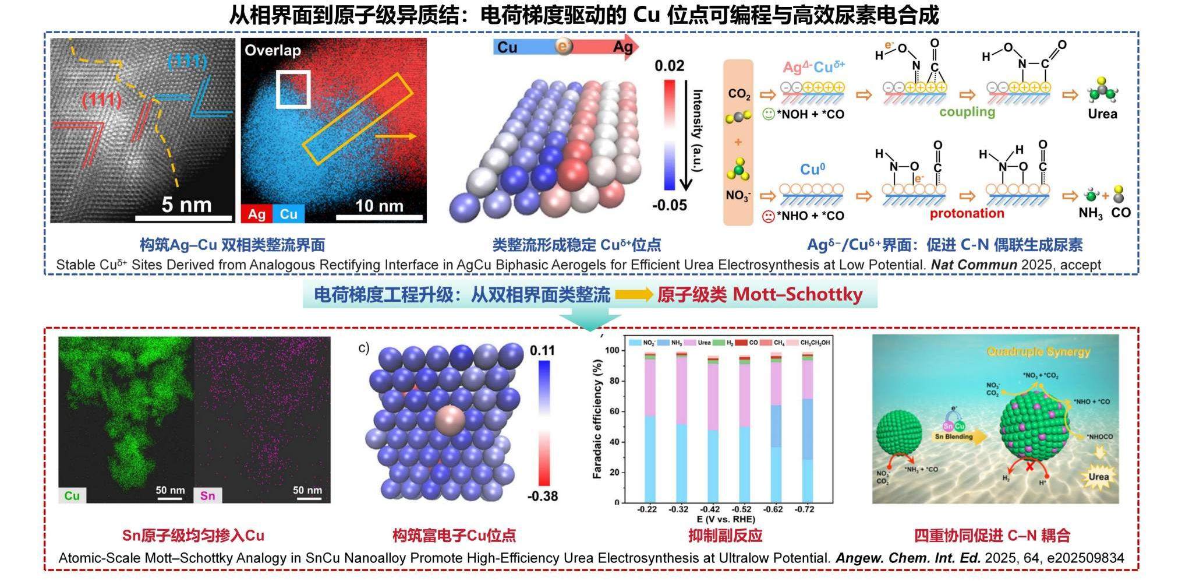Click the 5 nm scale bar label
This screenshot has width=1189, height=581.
pos(186,205)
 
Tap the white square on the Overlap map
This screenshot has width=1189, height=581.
pos(293,89)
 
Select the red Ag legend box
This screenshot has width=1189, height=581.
pos(256,214)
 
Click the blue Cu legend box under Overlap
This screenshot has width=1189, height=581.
pos(288,214)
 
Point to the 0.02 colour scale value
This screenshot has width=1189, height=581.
pos(669,65)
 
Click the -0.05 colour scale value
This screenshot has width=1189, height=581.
pos(669,205)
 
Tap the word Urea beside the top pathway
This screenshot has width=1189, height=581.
pos(1102,114)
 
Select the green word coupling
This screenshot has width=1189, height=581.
pos(967,111)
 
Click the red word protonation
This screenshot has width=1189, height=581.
pos(967,213)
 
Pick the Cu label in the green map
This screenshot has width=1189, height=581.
pos(72,495)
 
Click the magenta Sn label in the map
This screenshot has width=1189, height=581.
pos(208,495)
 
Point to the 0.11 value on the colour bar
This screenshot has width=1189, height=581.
pos(542,350)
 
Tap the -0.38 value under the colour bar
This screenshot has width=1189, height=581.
pos(542,497)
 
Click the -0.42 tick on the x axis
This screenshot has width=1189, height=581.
pos(710,509)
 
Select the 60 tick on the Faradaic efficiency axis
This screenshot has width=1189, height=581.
pos(613,411)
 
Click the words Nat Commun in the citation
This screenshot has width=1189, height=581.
pos(974,265)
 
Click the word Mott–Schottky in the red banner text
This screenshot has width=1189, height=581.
pos(797,295)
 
